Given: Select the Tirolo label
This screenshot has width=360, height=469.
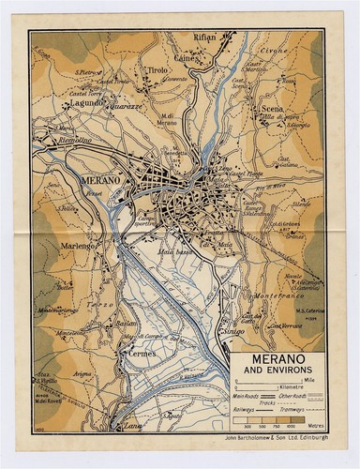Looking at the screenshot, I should (157, 70).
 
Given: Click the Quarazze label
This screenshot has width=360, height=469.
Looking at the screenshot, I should (133, 106).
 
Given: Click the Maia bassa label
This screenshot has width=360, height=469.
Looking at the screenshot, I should (178, 252).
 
